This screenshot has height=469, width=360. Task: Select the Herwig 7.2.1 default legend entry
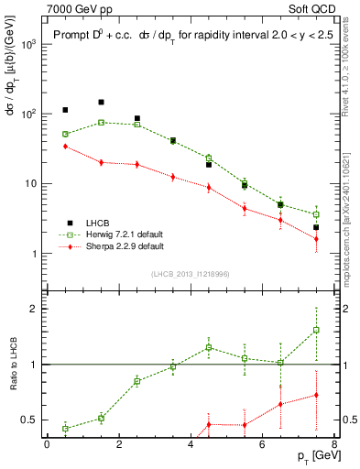coord(117,234)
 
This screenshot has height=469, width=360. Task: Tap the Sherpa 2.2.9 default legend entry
coord(116,246)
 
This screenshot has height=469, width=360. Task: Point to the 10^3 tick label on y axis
coord(27,44)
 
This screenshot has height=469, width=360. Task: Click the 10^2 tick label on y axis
coord(27,115)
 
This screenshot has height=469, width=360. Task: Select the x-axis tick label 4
coord(191,445)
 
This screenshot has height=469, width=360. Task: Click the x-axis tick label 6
coord(262,445)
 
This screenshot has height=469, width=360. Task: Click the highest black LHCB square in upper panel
coord(101,103)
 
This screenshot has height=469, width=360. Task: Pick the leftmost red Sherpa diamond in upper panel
coord(65,146)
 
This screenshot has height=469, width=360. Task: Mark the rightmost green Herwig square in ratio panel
coord(316,330)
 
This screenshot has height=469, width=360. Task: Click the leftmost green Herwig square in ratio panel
coord(65,428)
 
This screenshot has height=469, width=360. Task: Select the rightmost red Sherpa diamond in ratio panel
coord(316,395)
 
